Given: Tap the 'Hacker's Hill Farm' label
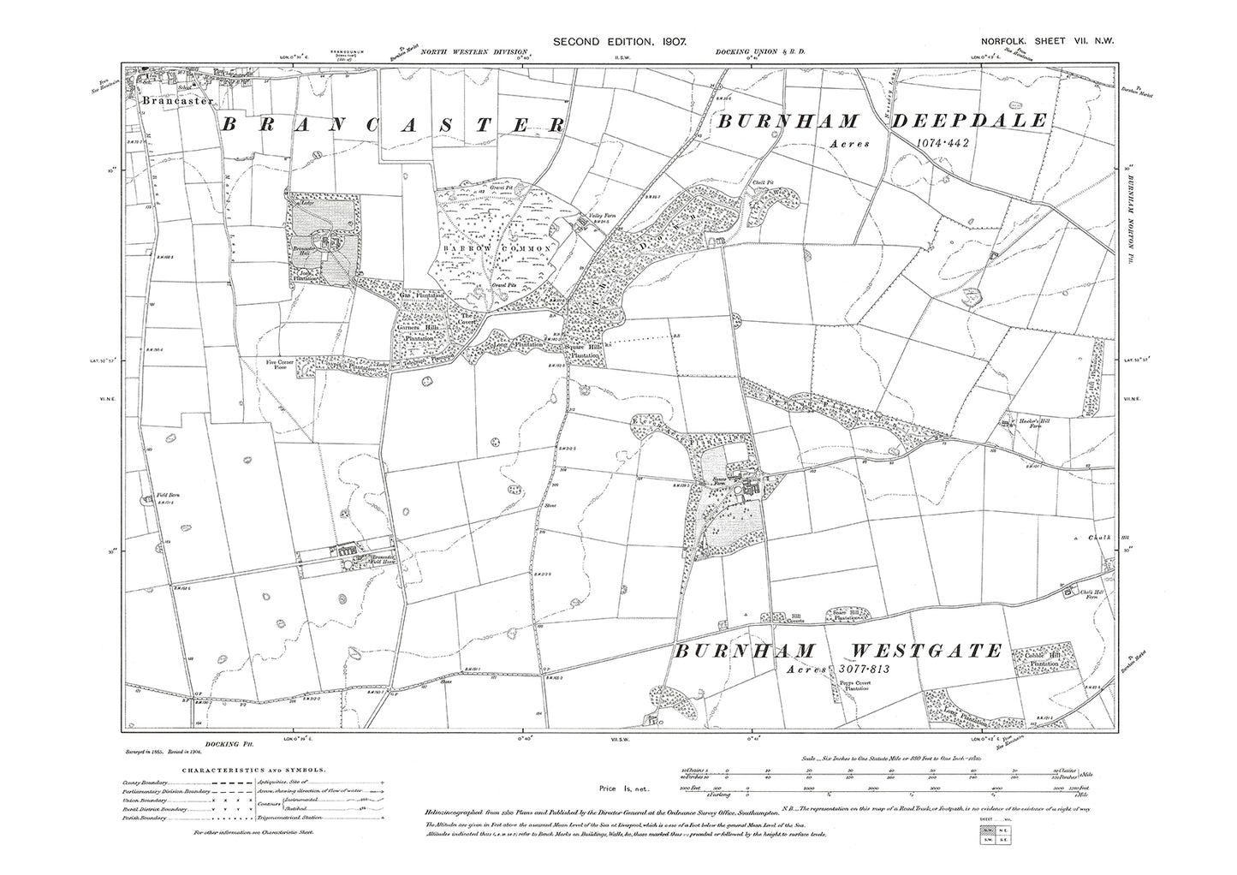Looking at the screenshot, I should pos(1027,425).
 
